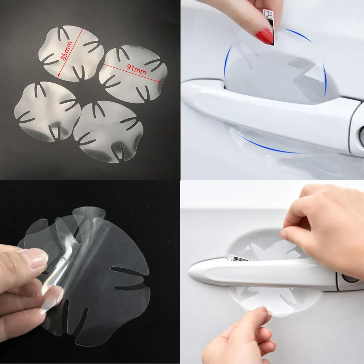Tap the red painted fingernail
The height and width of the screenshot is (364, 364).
(x=265, y=36)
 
